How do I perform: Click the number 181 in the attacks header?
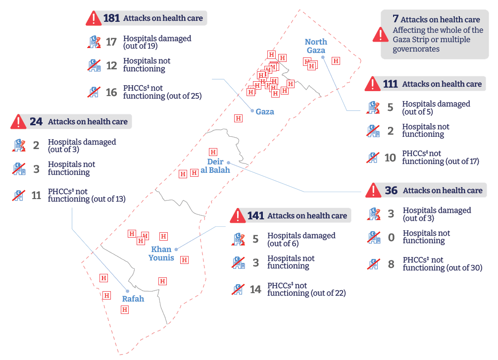(x=111, y=18)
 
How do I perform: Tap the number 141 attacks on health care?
(x=255, y=216)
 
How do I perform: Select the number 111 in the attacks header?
(x=390, y=84)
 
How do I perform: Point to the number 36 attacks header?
(x=391, y=190)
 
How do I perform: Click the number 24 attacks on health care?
(x=36, y=122)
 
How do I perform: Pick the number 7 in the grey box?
(x=395, y=19)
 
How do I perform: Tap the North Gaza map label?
(x=315, y=46)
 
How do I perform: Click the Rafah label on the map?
(x=133, y=299)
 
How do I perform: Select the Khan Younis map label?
(x=161, y=253)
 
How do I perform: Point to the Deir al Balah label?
(x=215, y=166)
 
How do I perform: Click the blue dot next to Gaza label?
(x=252, y=111)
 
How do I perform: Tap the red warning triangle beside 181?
(x=93, y=19)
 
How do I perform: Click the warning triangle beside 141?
(x=238, y=216)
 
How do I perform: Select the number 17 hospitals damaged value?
(x=111, y=42)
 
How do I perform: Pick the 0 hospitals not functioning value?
(x=391, y=237)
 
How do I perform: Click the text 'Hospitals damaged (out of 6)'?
(x=301, y=239)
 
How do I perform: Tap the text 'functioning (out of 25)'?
(x=162, y=96)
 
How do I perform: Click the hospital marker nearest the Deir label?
(x=213, y=152)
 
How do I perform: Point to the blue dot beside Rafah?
(x=127, y=291)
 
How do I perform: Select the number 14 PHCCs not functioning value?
(x=255, y=289)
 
